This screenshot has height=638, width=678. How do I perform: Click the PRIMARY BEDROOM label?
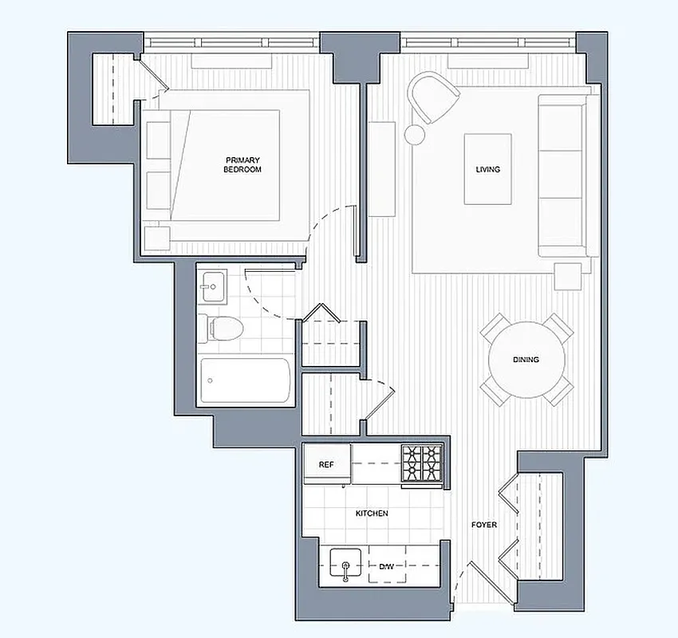pos(243,164)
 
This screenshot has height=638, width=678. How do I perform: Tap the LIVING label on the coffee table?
pos(488,169)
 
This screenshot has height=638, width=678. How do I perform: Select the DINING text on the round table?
pos(526,360)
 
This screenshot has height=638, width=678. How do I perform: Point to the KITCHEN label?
pos(372,514)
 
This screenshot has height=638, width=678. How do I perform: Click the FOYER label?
pos(484,525)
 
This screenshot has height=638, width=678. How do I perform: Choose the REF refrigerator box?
pos(326,464)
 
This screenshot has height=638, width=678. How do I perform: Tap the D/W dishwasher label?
pos(386,566)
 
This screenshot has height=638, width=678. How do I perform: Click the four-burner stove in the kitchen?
pos(421,463)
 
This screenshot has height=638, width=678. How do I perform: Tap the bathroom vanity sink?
pos(212,286)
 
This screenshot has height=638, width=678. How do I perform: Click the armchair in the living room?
pos(434,96)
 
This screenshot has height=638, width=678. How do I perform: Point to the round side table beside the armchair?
pos(416,134)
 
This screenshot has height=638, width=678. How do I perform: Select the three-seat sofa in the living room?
pos(567,175)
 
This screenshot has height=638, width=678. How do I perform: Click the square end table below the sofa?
pos(568,275)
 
